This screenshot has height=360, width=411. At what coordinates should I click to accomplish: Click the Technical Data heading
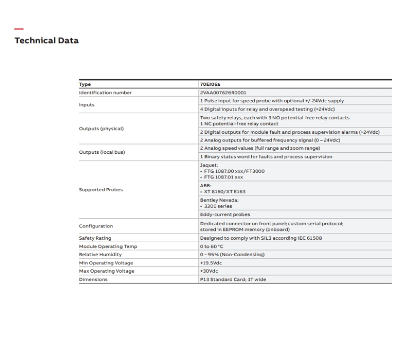click(x=47, y=40)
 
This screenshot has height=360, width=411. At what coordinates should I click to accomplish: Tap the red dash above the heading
click(x=19, y=29)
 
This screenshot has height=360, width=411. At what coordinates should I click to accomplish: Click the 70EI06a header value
click(x=211, y=84)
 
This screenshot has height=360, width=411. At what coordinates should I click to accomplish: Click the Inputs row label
click(x=87, y=105)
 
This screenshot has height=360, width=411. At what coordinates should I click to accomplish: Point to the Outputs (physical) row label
click(x=101, y=129)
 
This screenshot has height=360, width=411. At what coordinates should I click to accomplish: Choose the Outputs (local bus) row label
click(x=102, y=152)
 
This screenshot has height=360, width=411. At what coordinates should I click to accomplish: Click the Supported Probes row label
click(x=101, y=190)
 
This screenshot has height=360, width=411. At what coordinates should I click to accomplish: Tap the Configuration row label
click(x=96, y=226)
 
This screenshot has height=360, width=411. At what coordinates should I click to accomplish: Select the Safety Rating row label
click(x=95, y=238)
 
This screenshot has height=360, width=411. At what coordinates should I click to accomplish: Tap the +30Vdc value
click(x=209, y=271)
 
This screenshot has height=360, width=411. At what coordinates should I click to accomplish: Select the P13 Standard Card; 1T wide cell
click(x=233, y=279)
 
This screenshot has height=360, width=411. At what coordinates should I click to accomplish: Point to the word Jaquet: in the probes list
click(x=209, y=165)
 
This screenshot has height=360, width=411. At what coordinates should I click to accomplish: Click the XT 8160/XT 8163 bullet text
click(x=220, y=191)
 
